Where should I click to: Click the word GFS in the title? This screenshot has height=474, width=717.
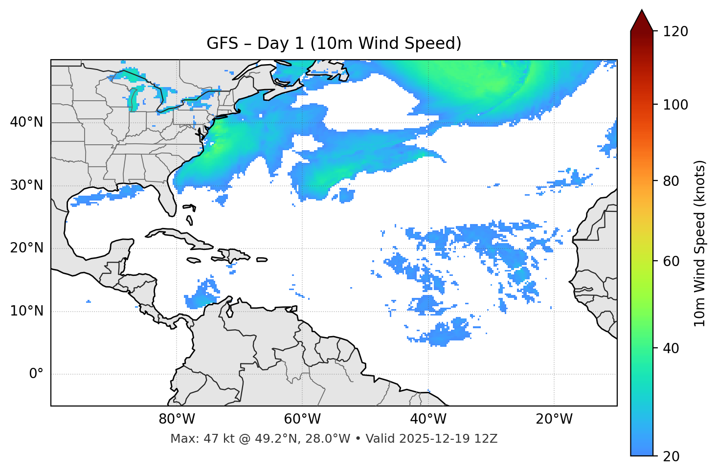222,44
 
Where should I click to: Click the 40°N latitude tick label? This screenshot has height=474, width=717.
26,122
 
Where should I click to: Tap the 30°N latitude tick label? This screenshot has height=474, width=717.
26,185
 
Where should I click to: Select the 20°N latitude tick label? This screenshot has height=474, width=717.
26,248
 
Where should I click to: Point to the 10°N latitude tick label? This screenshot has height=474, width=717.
26,311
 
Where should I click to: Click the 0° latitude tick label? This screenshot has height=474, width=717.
36,374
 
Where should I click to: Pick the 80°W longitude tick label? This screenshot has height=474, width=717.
177,419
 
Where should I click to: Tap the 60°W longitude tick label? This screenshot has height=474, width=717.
302,419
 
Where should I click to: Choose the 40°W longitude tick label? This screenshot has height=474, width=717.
428,419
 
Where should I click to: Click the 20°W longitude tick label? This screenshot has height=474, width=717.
554,419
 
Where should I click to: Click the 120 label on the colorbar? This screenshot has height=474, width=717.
675,31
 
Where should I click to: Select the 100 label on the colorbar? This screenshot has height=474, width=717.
675,105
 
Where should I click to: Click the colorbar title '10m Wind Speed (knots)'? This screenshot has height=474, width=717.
700,244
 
